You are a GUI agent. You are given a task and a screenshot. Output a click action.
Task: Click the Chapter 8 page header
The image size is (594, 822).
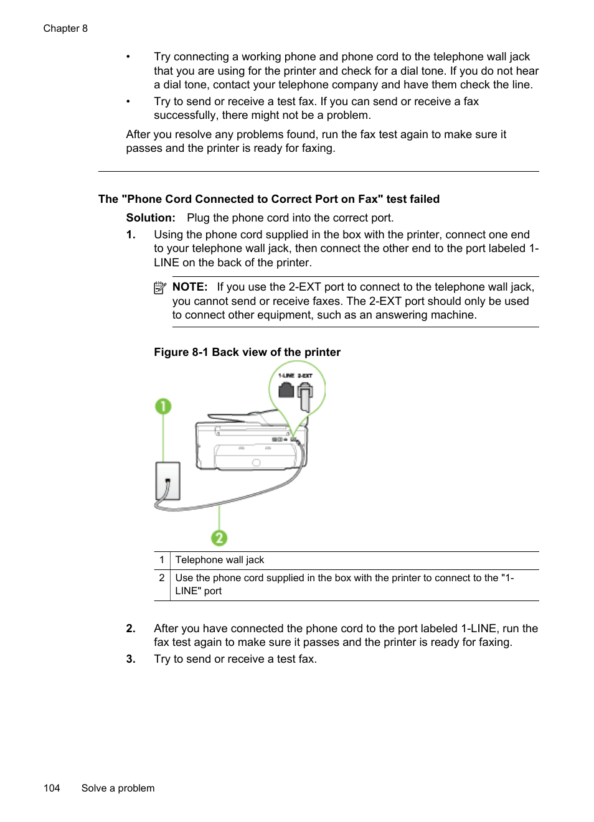(65, 29)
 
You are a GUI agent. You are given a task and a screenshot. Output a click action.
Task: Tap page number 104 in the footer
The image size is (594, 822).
(52, 788)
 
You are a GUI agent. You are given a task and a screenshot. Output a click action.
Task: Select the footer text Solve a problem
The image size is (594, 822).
(118, 788)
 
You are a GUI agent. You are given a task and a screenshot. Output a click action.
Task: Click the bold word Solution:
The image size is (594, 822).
(151, 218)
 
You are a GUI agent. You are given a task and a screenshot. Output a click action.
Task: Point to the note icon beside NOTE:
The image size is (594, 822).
(160, 287)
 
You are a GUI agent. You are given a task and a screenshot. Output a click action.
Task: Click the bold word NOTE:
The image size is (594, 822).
(190, 287)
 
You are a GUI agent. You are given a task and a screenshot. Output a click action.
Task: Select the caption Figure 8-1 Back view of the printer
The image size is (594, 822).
(247, 352)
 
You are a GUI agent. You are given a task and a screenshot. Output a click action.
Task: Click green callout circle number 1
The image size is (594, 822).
(163, 406)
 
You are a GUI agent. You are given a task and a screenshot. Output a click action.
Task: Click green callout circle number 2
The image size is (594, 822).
(219, 538)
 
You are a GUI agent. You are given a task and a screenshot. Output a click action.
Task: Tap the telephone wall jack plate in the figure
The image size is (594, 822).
(167, 480)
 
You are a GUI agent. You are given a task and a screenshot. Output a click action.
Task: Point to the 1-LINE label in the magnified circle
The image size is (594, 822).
(286, 376)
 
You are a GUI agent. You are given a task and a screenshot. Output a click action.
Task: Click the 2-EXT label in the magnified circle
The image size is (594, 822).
(305, 376)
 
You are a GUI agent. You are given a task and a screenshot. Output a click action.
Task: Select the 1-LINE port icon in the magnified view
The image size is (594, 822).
(286, 390)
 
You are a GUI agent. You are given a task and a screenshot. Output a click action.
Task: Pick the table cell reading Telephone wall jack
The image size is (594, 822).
(220, 560)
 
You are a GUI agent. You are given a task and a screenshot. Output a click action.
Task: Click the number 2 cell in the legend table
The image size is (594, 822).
(162, 578)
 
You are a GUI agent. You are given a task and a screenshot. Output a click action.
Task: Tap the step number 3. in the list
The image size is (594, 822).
(131, 659)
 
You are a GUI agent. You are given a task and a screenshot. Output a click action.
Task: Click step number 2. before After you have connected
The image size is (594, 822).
(131, 628)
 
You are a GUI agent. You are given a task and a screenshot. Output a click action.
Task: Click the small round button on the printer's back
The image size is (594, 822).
(256, 462)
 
